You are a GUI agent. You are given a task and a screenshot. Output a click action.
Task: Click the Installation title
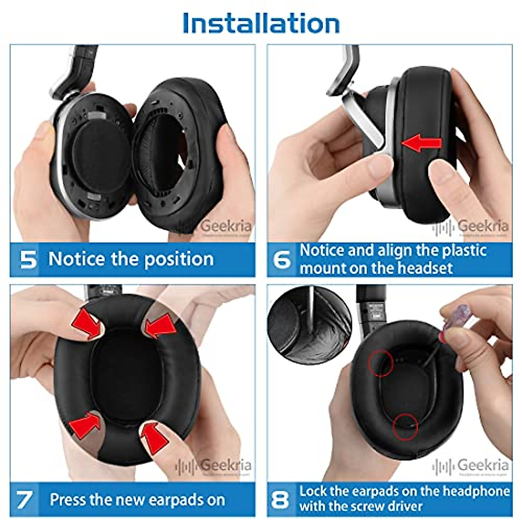click(261, 23)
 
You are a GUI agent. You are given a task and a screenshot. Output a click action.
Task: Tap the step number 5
click(29, 259)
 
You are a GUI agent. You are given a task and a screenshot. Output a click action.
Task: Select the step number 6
click(282, 260)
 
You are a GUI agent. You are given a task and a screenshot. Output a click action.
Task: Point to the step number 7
click(24, 499)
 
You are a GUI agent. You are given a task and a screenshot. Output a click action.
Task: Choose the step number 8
click(280, 499)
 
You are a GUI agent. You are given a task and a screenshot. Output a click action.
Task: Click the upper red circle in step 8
click(381, 363)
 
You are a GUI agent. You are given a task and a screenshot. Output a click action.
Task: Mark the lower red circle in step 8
click(405, 427)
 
